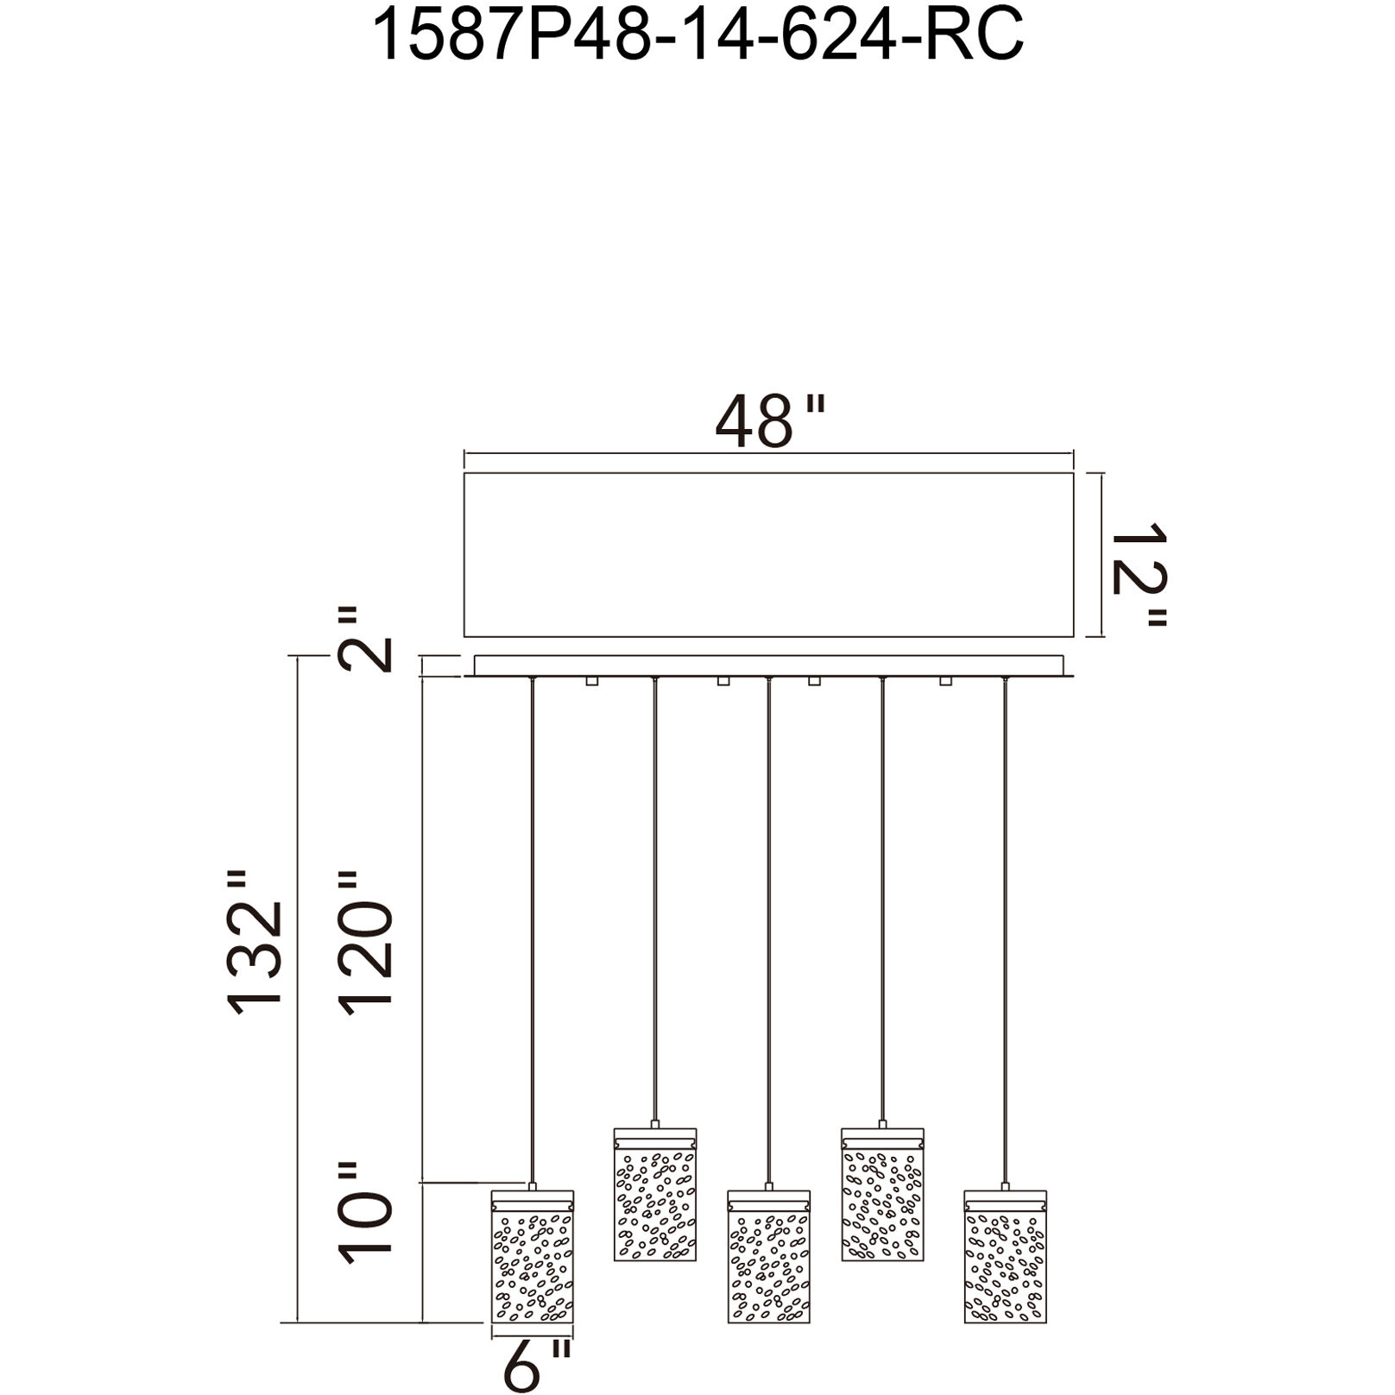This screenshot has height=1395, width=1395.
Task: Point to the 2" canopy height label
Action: [363, 640]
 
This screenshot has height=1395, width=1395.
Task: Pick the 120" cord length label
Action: [365, 943]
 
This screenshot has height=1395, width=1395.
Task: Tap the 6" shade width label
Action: [537, 1365]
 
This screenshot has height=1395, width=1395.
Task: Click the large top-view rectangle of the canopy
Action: [768, 555]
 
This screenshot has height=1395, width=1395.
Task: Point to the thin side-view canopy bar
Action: [768, 666]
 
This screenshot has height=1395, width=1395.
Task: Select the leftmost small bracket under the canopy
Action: [592, 681]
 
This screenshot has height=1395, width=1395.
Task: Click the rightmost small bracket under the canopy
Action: [945, 681]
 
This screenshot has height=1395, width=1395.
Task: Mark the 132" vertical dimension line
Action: [298, 993]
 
